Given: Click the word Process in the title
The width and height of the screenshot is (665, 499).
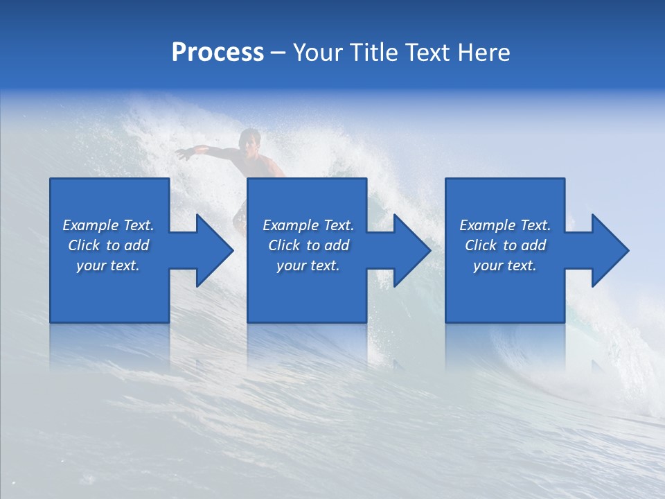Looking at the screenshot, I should coord(218,53).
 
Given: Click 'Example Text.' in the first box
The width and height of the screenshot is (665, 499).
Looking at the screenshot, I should coord(108,225).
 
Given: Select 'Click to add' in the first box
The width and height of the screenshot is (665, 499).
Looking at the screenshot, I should coord(108,245).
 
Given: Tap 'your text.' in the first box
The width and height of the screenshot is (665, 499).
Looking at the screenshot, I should coord(108,265).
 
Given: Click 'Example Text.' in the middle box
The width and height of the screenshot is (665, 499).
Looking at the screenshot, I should coord(308,225).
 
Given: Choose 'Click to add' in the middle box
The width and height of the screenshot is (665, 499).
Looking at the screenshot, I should coord(308,245).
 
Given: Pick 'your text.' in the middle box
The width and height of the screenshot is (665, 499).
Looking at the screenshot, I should coord(308,265).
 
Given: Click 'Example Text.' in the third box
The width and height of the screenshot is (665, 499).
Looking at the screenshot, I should coord(505,225).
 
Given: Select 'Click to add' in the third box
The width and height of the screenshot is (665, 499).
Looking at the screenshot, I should coord(505,245).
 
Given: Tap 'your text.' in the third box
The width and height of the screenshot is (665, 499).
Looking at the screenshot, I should coord(505,265).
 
